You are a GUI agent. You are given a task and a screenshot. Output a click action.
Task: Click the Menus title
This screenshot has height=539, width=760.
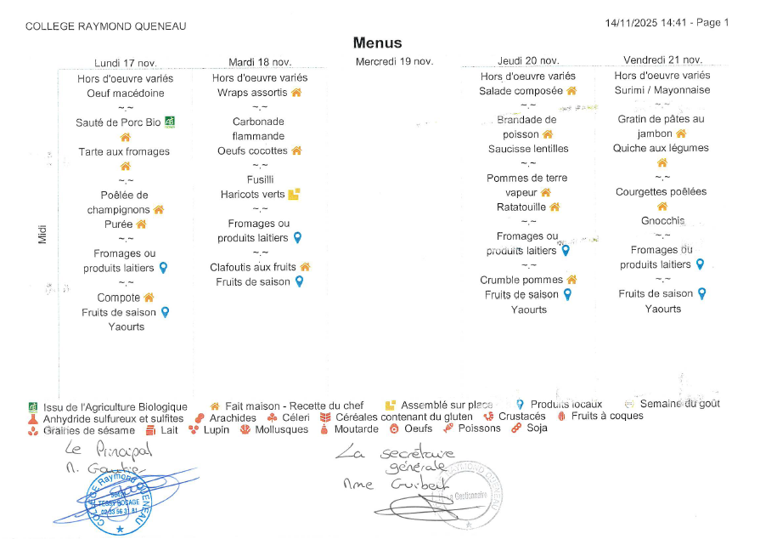click(x=377, y=43)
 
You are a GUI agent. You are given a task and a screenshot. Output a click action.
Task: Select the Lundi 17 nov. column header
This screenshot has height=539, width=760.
click(x=126, y=62)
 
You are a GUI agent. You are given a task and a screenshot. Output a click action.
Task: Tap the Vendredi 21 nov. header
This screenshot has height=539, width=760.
click(x=662, y=60)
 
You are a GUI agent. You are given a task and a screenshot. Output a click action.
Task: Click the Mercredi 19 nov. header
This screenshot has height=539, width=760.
click(x=394, y=61)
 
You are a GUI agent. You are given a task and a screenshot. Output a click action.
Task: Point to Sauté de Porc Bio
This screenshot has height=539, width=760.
click(x=118, y=122)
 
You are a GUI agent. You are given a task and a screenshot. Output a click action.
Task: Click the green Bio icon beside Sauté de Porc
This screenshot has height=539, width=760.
click(x=169, y=122)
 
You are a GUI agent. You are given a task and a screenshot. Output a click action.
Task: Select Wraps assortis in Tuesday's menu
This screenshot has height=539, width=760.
click(x=252, y=93)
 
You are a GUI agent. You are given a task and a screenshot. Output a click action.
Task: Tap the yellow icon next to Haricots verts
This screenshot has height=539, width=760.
click(x=294, y=194)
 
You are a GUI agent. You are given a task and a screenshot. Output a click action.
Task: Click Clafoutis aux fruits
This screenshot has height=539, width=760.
click(x=253, y=267)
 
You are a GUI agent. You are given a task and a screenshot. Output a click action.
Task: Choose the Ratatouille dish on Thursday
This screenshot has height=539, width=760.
click(x=521, y=207)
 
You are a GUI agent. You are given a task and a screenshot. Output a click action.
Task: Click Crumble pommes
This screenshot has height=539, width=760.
click(x=521, y=280)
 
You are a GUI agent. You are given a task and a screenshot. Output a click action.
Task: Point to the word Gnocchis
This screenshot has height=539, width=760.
click(x=662, y=221)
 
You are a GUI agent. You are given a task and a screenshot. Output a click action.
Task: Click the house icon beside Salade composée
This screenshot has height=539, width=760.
click(x=571, y=91)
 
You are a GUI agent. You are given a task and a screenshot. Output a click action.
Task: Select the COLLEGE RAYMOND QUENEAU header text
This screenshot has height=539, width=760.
click(x=106, y=26)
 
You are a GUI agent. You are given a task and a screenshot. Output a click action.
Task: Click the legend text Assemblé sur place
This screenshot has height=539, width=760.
click(x=447, y=406)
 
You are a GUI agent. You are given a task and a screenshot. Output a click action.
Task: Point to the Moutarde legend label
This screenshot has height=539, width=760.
click(x=356, y=429)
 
